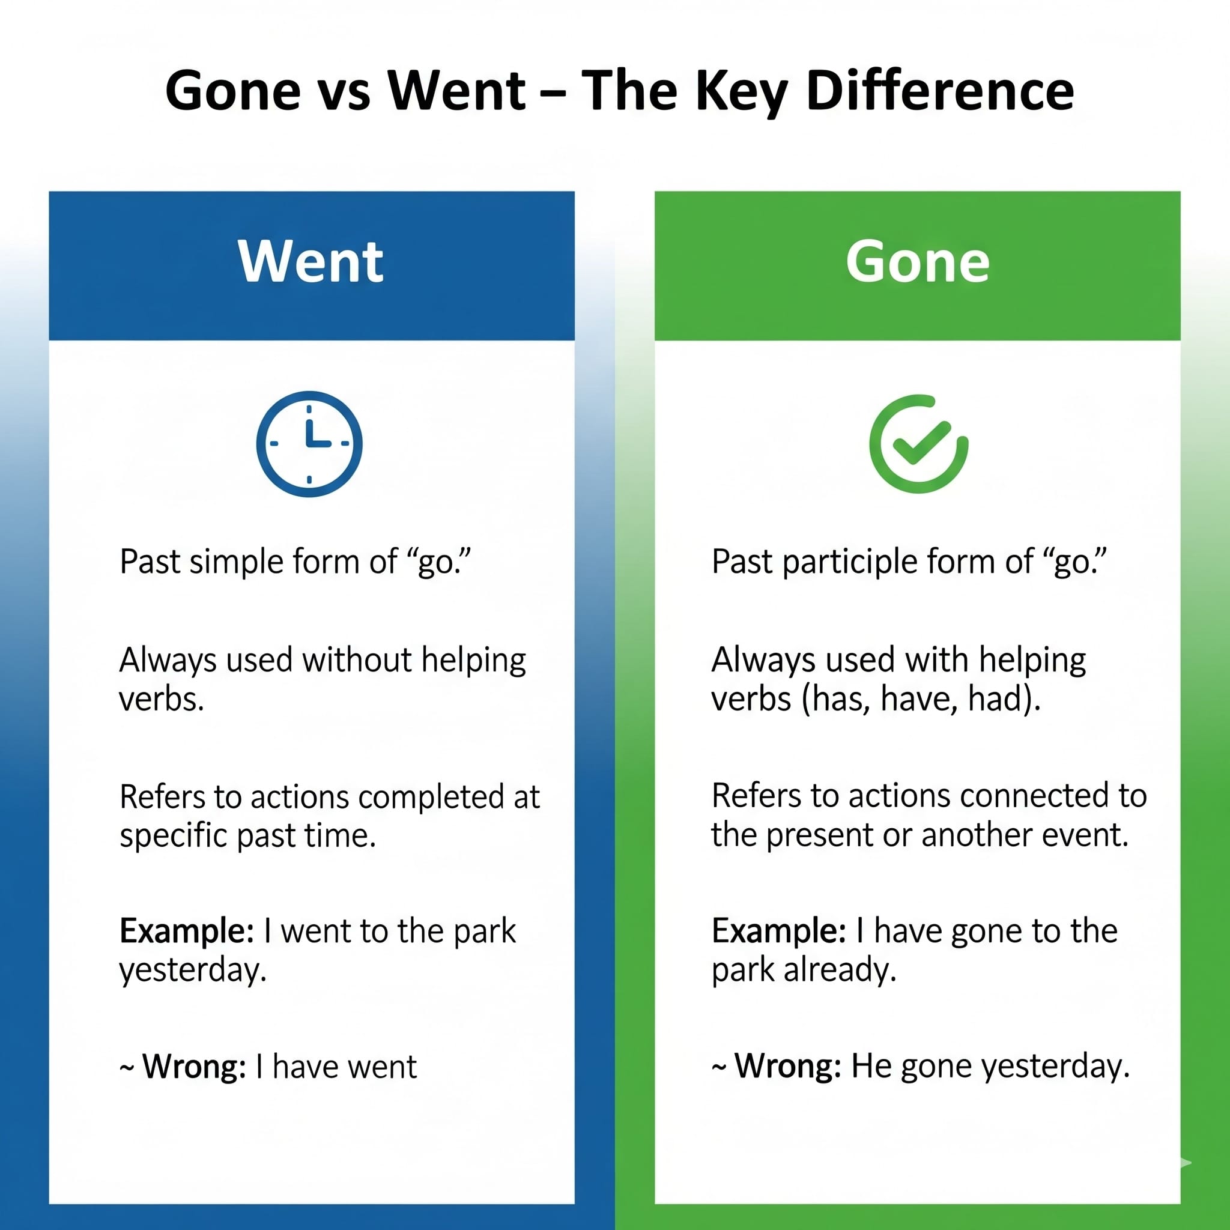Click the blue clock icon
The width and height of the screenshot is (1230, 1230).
coord(309,444)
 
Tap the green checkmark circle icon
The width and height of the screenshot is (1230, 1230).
coord(918,444)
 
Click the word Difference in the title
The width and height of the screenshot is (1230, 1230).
coord(940,91)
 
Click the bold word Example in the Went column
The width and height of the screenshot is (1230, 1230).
coord(187,932)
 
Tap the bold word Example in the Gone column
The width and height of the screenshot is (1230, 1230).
coord(778,932)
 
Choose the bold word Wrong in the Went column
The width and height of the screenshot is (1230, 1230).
coord(193,1067)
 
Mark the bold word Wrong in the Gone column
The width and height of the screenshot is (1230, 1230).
coord(787,1067)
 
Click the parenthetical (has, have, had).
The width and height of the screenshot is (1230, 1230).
coord(921,699)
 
